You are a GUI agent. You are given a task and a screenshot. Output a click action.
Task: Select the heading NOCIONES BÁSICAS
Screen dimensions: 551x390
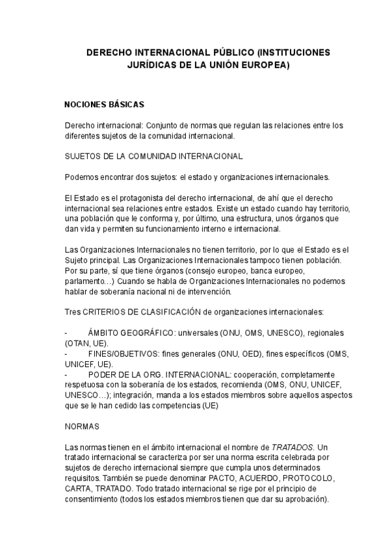[104, 104]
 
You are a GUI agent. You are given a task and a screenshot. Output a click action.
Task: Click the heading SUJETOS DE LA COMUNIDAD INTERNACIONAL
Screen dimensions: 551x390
[154, 157]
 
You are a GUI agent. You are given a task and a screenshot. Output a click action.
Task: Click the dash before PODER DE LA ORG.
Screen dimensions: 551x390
[66, 375]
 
